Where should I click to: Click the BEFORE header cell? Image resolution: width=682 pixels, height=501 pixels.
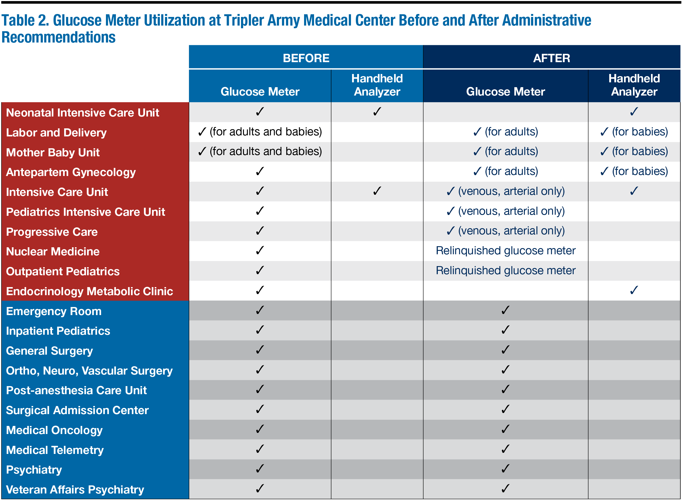coord(306,58)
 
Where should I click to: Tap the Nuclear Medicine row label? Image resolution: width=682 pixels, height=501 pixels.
coord(53,251)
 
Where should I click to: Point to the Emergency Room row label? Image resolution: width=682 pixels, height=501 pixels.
coord(54,311)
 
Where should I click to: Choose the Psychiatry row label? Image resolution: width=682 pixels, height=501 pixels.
coord(34,470)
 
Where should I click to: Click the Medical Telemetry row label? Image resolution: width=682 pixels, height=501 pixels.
coord(55,450)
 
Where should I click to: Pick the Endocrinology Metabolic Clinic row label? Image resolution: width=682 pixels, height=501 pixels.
coord(89,291)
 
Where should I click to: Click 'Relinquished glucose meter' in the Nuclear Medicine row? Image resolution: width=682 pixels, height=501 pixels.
coord(505,251)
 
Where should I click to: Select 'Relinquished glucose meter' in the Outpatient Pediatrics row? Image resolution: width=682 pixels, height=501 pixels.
coord(505,270)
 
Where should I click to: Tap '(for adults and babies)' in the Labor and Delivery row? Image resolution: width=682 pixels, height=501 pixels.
coord(266,132)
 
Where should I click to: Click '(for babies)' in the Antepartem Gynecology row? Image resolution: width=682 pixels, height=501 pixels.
coord(640,171)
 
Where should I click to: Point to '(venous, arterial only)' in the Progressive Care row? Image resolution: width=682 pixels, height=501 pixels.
coord(511,231)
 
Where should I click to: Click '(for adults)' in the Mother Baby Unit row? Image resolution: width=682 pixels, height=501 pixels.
coord(511,151)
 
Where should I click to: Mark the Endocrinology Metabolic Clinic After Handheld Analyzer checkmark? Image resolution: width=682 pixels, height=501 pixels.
coord(634,290)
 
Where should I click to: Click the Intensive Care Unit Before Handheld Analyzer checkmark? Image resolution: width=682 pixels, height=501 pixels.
coord(377,191)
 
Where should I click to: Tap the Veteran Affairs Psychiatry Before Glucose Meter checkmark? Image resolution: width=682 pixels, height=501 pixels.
coord(260,489)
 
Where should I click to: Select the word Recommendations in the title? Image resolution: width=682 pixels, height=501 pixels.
coord(59,37)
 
